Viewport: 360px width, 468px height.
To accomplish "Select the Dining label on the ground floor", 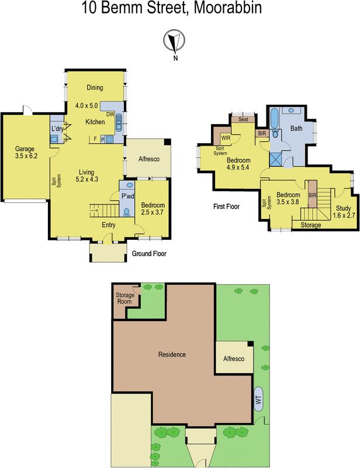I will tap(95, 88).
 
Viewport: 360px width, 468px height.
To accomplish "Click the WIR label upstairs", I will tap(225, 137).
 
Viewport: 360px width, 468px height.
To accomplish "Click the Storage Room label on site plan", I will tap(124, 299).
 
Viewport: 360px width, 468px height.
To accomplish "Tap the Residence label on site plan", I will tap(172, 355).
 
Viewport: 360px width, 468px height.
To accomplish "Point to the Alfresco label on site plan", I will tap(234, 358).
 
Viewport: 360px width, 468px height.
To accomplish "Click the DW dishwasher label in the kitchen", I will tap(110, 115).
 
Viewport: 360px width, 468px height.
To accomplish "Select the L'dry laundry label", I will tap(57, 129).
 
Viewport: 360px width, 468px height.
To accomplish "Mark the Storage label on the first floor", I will tap(310, 225).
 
